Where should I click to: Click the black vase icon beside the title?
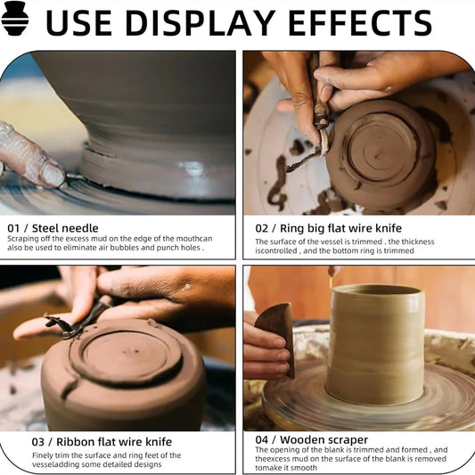14,18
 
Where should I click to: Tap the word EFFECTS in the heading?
360,23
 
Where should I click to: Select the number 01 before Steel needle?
13,228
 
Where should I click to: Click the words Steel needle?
65,228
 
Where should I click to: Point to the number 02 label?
261,228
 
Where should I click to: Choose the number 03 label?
37,442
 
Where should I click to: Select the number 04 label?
261,440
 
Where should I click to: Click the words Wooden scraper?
323,439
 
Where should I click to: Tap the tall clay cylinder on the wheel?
375,344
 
